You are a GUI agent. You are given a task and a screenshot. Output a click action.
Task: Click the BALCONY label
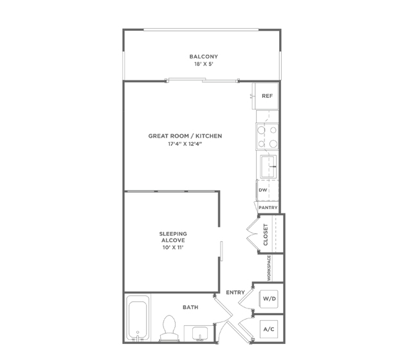click(204, 57)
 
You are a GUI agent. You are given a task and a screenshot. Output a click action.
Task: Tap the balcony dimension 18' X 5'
click(204, 64)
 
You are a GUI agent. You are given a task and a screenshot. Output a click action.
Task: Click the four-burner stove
click(267, 136)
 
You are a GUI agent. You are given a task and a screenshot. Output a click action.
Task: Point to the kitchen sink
click(268, 166)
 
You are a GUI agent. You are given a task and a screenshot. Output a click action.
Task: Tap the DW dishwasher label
click(262, 190)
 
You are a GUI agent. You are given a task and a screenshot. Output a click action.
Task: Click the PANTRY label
click(268, 208)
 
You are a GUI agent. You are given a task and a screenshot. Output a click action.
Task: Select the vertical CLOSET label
click(266, 235)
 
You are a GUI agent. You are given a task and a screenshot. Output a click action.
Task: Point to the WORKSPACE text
click(269, 268)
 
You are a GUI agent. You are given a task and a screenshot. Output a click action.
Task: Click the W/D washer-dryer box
click(269, 299)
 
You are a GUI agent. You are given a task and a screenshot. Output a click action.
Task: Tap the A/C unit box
click(269, 329)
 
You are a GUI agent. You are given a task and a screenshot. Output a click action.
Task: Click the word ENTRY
click(235, 292)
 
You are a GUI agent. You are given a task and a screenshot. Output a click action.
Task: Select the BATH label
click(190, 307)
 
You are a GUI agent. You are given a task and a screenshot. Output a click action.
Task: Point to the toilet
click(169, 328)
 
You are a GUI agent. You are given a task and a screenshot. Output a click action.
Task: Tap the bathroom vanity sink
click(200, 334)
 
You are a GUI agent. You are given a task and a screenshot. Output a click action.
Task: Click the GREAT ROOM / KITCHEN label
click(185, 136)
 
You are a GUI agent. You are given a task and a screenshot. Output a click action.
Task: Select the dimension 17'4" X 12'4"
click(185, 144)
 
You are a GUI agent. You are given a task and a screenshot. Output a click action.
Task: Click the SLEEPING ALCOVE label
click(173, 237)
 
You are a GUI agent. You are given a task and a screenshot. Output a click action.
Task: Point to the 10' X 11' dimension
click(173, 248)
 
